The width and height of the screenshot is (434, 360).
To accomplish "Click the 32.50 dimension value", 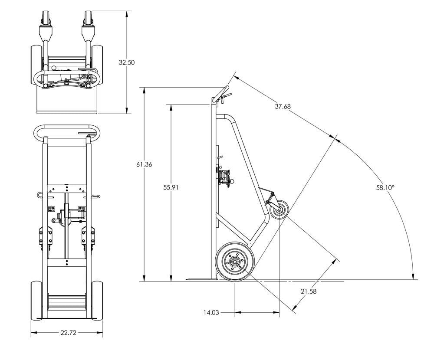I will tap(127, 62).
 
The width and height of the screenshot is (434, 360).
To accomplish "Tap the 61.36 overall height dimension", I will tap(144, 164).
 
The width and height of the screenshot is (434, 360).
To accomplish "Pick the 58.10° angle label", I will tap(385, 188).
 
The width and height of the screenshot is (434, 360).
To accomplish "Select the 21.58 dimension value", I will tap(308, 291).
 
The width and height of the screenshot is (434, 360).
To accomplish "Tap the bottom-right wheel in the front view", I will tap(98, 299).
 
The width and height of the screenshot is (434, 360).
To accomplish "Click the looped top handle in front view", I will tap(67, 132).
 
